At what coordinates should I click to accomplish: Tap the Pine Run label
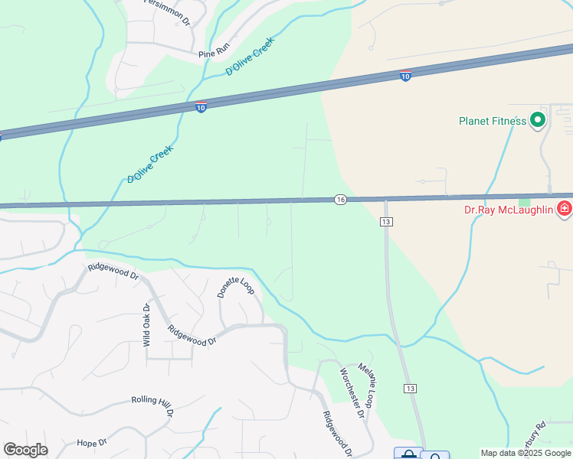(214, 54)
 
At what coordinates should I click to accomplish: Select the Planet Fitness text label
(492, 121)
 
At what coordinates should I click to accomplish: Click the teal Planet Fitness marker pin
(538, 119)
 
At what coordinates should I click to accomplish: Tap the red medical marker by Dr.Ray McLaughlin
(564, 208)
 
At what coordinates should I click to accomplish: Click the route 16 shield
(340, 200)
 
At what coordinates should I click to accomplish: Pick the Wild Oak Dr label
(146, 325)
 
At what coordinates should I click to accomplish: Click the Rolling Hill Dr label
(153, 405)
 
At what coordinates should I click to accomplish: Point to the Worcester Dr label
(351, 392)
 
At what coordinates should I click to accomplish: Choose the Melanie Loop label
(369, 386)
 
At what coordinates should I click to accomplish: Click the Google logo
(25, 450)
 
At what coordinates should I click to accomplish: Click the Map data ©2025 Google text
(526, 453)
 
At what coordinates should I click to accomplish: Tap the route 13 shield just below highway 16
(386, 222)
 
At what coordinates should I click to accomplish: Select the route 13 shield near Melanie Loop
(411, 389)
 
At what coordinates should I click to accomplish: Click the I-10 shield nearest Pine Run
(200, 107)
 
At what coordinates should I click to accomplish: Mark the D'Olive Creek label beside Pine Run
(250, 58)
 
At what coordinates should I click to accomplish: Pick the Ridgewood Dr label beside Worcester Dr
(337, 434)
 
